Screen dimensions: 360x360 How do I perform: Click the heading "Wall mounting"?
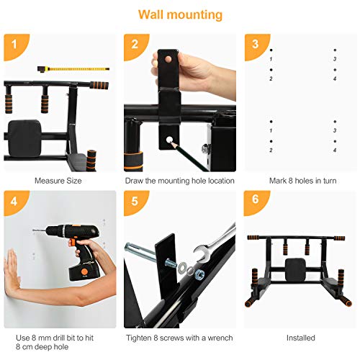(180, 14)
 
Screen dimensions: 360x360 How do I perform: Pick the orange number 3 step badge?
(255, 44)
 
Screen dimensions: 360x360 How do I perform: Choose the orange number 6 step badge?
(255, 201)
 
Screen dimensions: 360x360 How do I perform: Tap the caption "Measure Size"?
(58, 181)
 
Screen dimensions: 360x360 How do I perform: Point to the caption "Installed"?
(301, 337)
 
